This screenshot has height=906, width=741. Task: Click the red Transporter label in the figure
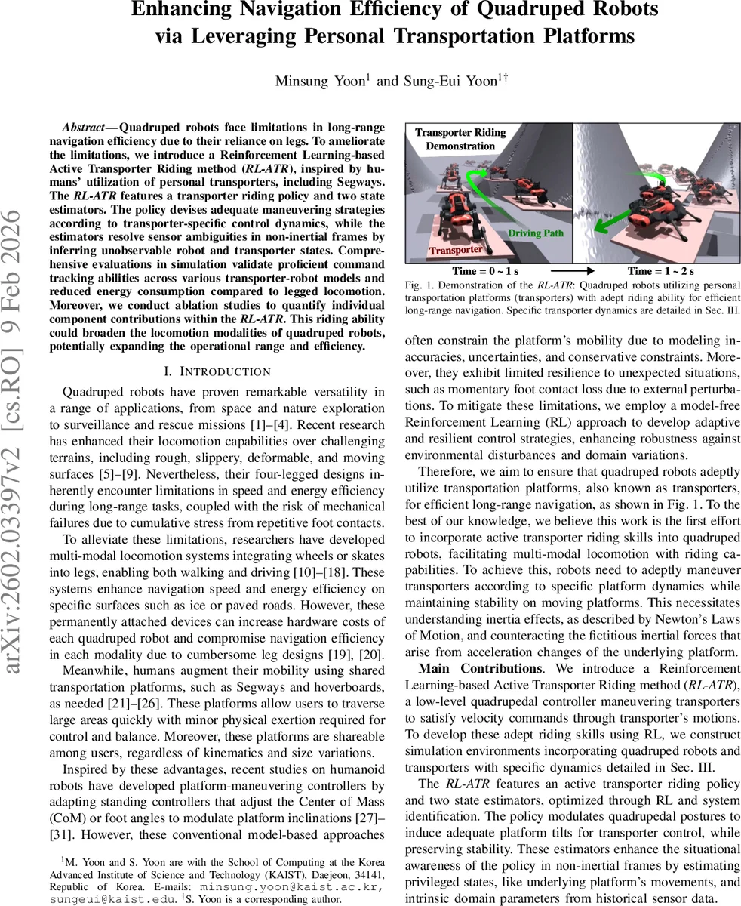click(x=456, y=250)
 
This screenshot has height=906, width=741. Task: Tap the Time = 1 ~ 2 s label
click(x=660, y=271)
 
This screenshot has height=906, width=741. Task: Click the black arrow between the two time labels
click(x=572, y=271)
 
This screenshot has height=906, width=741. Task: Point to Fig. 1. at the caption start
click(x=417, y=285)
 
